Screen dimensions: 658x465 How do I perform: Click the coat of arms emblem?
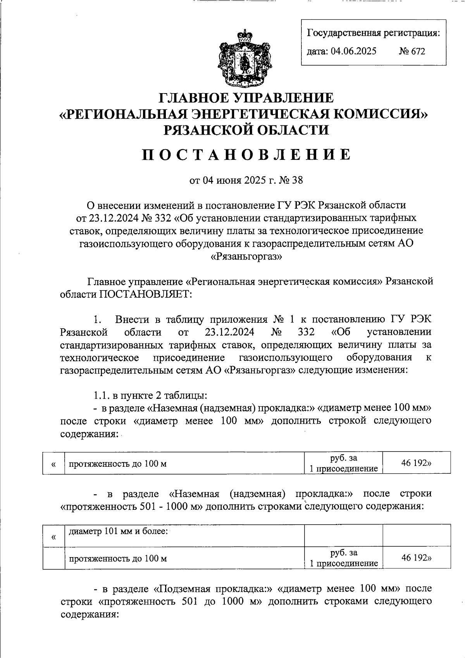(x=244, y=57)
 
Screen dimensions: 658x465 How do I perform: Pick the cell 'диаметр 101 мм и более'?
(x=118, y=531)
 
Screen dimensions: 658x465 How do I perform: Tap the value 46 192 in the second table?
(x=416, y=558)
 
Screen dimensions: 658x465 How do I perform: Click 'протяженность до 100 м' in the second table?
(x=118, y=559)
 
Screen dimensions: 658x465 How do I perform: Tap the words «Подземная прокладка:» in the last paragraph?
(x=214, y=589)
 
